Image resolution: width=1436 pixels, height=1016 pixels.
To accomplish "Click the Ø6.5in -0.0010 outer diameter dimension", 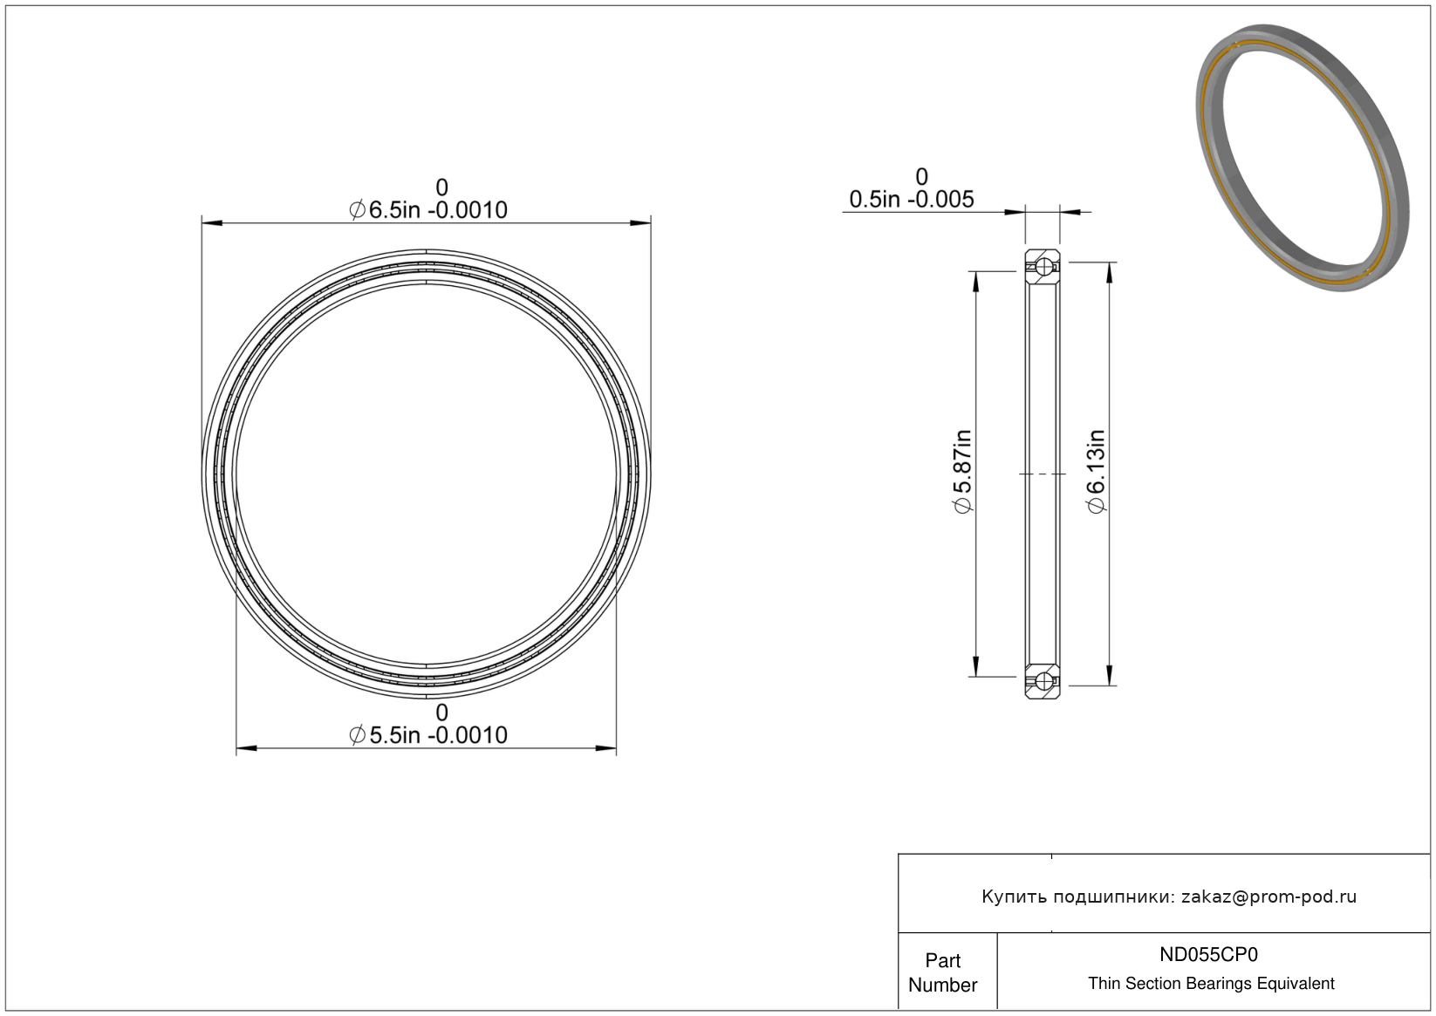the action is (428, 209).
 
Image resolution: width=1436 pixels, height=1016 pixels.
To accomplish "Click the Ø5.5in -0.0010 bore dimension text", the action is (428, 734).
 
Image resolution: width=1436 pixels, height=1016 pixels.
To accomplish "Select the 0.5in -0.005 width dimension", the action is (912, 200).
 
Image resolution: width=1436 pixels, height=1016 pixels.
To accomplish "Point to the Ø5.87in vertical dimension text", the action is (963, 471).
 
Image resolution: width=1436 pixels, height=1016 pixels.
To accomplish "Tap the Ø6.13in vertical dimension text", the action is (1097, 471).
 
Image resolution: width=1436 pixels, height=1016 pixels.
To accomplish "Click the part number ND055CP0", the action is (1208, 954).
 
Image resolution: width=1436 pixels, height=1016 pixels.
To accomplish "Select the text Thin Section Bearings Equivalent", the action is (1211, 983).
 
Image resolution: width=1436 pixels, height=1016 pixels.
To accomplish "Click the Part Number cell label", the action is (942, 972).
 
